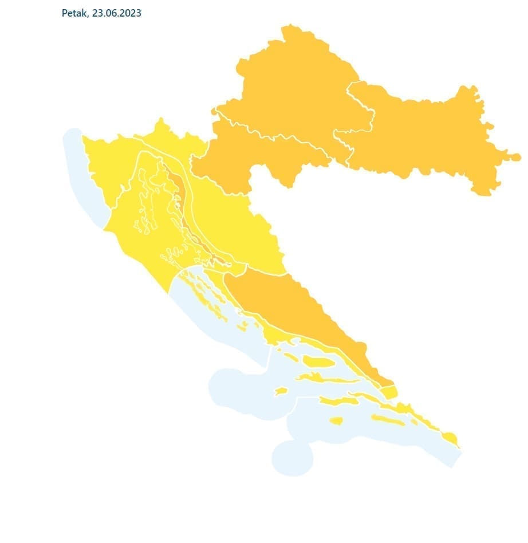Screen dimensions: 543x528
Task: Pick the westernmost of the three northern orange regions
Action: pos(241,155)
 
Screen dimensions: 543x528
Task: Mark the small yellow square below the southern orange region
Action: pos(389,392)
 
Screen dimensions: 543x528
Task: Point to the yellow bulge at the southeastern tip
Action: pos(451,439)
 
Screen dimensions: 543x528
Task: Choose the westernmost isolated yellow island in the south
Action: pos(280,391)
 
